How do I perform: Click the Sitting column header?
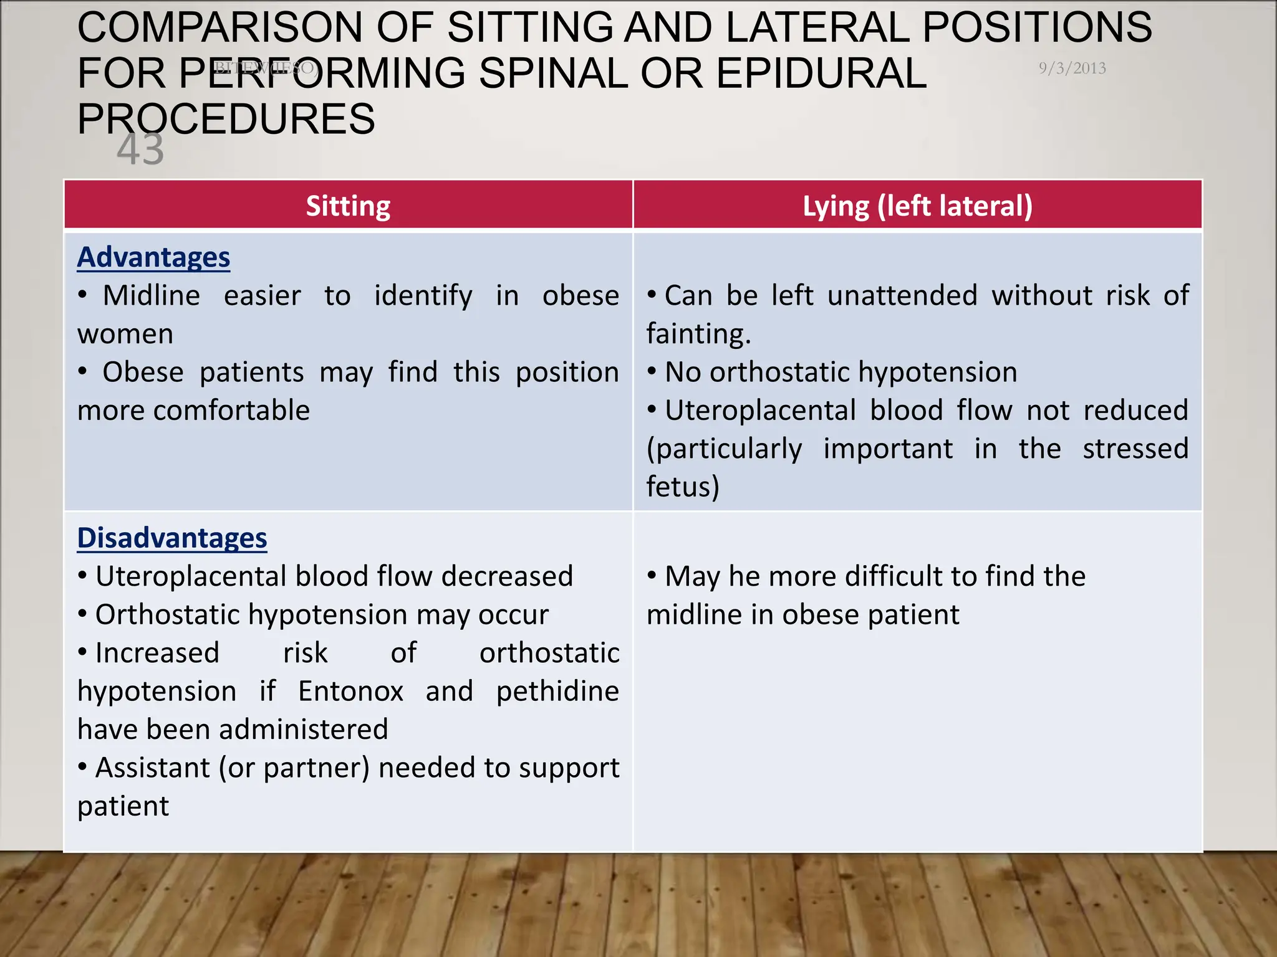[x=348, y=206]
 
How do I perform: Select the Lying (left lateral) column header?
[x=917, y=206]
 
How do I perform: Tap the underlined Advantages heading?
[x=153, y=257]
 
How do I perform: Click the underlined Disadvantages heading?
[x=172, y=538]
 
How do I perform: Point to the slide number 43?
[x=140, y=150]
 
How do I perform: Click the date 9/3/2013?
[x=1072, y=68]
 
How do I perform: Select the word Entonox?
[x=350, y=691]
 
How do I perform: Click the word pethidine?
[x=557, y=692]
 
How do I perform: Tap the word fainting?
[x=698, y=334]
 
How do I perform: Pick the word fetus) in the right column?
[x=683, y=487]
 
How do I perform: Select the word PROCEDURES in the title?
[x=226, y=118]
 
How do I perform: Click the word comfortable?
[x=231, y=411]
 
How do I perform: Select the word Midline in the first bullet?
[x=152, y=295]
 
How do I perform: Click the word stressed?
[x=1135, y=449]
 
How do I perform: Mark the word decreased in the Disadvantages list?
[x=507, y=576]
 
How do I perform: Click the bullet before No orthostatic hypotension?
[x=652, y=372]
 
